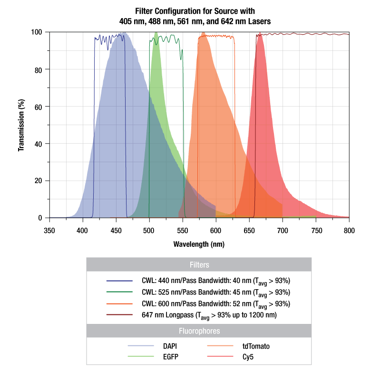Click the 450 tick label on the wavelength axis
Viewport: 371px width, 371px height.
[116, 231]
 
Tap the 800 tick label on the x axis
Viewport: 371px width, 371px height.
[349, 231]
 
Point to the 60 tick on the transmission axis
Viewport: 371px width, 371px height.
[39, 107]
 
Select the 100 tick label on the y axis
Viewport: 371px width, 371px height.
[37, 32]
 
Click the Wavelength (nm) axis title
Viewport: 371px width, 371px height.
[199, 244]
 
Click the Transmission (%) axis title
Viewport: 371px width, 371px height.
[21, 125]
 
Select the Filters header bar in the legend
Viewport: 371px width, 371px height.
[199, 264]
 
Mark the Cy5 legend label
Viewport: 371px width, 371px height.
[250, 355]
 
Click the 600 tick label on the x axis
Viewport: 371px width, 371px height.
[216, 231]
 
